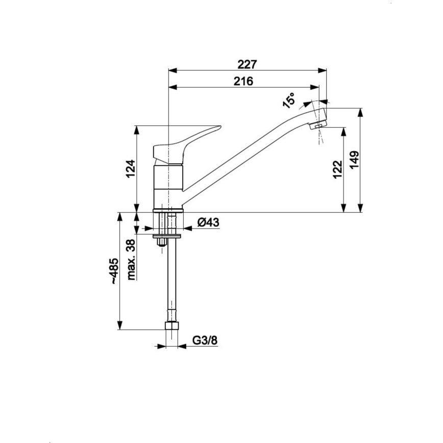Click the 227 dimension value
click(x=247, y=64)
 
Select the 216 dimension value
click(x=243, y=81)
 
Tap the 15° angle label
click(x=289, y=101)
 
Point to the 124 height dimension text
click(x=130, y=169)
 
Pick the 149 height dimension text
click(x=355, y=161)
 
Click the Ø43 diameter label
click(x=208, y=223)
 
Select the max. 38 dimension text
click(x=131, y=260)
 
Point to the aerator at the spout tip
click(x=321, y=124)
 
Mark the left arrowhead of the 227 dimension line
click(x=171, y=70)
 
